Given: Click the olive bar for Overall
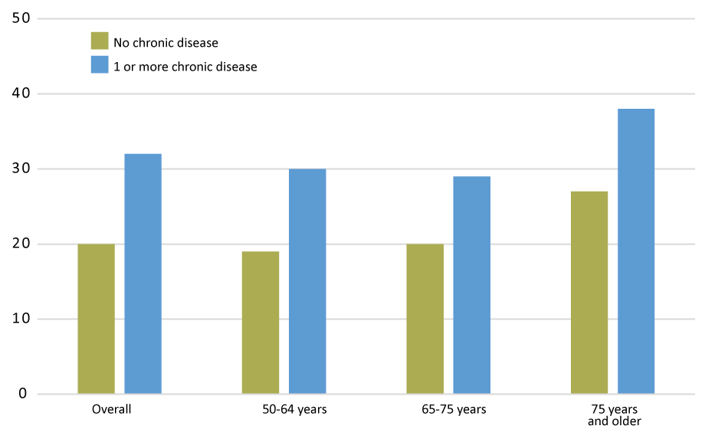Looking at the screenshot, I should [96, 319].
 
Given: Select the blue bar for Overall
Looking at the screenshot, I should [143, 274].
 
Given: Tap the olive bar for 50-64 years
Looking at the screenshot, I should [261, 323].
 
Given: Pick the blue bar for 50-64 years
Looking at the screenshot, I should [307, 281].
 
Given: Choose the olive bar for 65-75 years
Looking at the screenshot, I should [425, 319].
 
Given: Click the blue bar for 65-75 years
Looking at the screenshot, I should [471, 285].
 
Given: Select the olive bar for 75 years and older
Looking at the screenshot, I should [589, 293].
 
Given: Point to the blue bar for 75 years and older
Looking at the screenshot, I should [636, 251].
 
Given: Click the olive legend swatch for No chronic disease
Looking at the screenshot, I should [100, 41].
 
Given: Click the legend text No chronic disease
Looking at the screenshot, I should [166, 43].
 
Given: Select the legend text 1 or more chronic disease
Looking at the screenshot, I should [185, 67].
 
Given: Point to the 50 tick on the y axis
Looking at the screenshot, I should [21, 18].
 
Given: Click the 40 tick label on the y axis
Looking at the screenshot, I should [21, 93].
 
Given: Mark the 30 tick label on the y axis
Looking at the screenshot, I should [21, 169].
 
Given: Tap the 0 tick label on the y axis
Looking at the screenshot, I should [23, 394].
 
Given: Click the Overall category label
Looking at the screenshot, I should [112, 409].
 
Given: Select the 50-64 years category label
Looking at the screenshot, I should [294, 409].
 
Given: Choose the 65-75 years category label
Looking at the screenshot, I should [454, 409].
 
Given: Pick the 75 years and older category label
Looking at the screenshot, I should [615, 415].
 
